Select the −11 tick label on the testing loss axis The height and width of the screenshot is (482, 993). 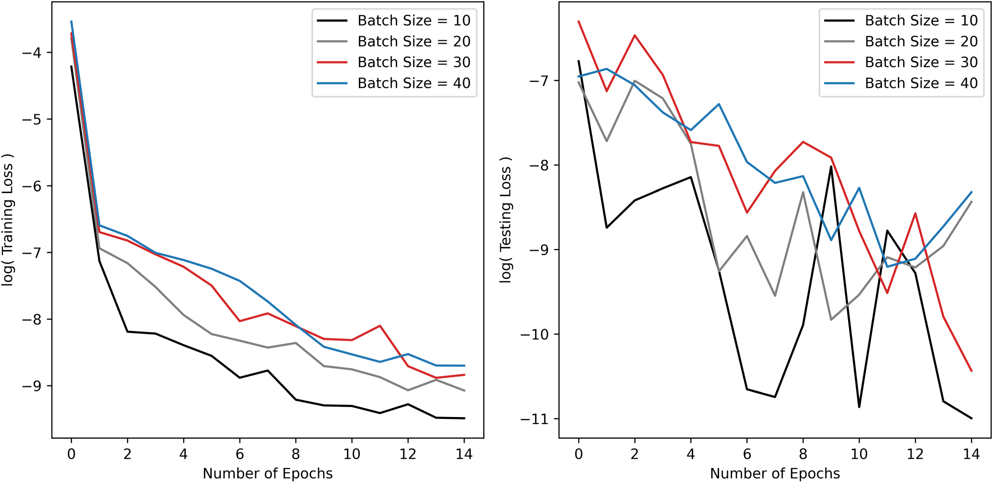point(538,419)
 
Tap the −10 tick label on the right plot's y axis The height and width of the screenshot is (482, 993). point(538,335)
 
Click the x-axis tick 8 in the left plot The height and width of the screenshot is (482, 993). point(296,454)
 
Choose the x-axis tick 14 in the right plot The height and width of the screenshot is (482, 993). point(971,454)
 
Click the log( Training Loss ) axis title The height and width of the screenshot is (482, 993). point(8,219)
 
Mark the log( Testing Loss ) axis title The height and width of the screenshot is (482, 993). point(505,219)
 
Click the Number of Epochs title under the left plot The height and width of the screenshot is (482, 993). point(268,474)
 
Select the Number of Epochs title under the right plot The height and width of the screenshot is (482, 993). point(775,474)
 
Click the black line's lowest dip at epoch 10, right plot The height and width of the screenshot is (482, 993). point(859,407)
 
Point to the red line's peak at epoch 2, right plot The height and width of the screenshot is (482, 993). point(635,36)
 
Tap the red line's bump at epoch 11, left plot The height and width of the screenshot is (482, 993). point(380,326)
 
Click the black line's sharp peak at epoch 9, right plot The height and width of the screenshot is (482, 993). point(831,166)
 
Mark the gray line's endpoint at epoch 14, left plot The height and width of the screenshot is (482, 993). point(464,391)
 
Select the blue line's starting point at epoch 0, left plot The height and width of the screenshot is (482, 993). point(71,21)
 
